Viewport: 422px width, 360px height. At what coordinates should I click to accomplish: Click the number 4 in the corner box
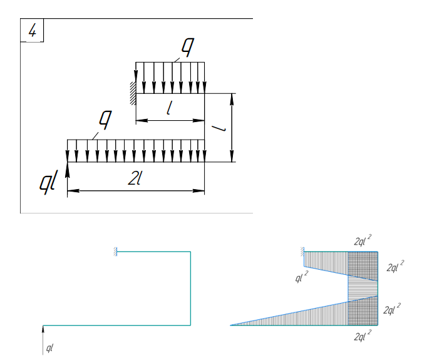coord(32,30)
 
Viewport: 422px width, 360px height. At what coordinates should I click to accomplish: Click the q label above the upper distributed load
coord(188,47)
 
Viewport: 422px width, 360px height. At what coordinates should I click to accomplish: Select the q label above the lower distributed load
coord(105,120)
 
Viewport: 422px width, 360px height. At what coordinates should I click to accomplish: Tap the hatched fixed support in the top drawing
coord(133,93)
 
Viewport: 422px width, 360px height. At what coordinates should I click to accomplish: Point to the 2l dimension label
coord(134,178)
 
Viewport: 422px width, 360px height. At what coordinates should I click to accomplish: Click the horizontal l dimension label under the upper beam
coord(170,108)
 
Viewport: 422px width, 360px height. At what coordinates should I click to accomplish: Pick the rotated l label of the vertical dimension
coord(219,128)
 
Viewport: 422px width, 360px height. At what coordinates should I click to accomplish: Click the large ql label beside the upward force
coord(49,182)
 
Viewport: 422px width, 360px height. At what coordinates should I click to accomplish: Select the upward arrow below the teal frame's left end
coord(43,340)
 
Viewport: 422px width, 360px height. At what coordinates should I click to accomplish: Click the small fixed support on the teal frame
coord(115,252)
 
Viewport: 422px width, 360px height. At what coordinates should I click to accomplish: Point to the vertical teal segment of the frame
coord(190,289)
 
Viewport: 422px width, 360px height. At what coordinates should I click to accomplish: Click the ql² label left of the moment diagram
coord(302,277)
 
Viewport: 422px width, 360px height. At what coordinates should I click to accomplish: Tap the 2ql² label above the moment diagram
coord(363,240)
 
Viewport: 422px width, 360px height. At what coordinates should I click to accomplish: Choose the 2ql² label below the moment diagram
coord(363,335)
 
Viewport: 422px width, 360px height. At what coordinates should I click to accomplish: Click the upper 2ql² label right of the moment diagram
coord(395,266)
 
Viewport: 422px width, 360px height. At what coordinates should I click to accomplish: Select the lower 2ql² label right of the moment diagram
coord(392,309)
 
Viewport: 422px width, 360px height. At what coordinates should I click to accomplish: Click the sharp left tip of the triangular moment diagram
coord(230,326)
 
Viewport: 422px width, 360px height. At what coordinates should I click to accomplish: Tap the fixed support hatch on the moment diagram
coord(302,252)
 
